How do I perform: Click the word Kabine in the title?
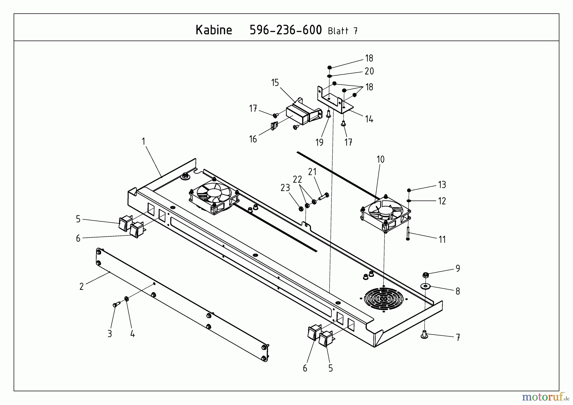[x=214, y=30]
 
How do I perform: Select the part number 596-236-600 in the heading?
[x=286, y=30]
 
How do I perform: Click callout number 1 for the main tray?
[x=144, y=141]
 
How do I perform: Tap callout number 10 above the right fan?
[x=380, y=159]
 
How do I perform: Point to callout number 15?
[x=275, y=83]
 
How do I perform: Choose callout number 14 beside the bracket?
[x=369, y=119]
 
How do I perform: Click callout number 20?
[x=369, y=71]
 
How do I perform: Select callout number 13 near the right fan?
[x=442, y=185]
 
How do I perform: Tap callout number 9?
[x=458, y=269]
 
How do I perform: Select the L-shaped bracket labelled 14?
[x=334, y=100]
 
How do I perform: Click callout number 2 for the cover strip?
[x=81, y=286]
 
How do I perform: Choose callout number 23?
[x=285, y=188]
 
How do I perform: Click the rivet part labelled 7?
[x=424, y=334]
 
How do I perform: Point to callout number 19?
[x=319, y=142]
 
